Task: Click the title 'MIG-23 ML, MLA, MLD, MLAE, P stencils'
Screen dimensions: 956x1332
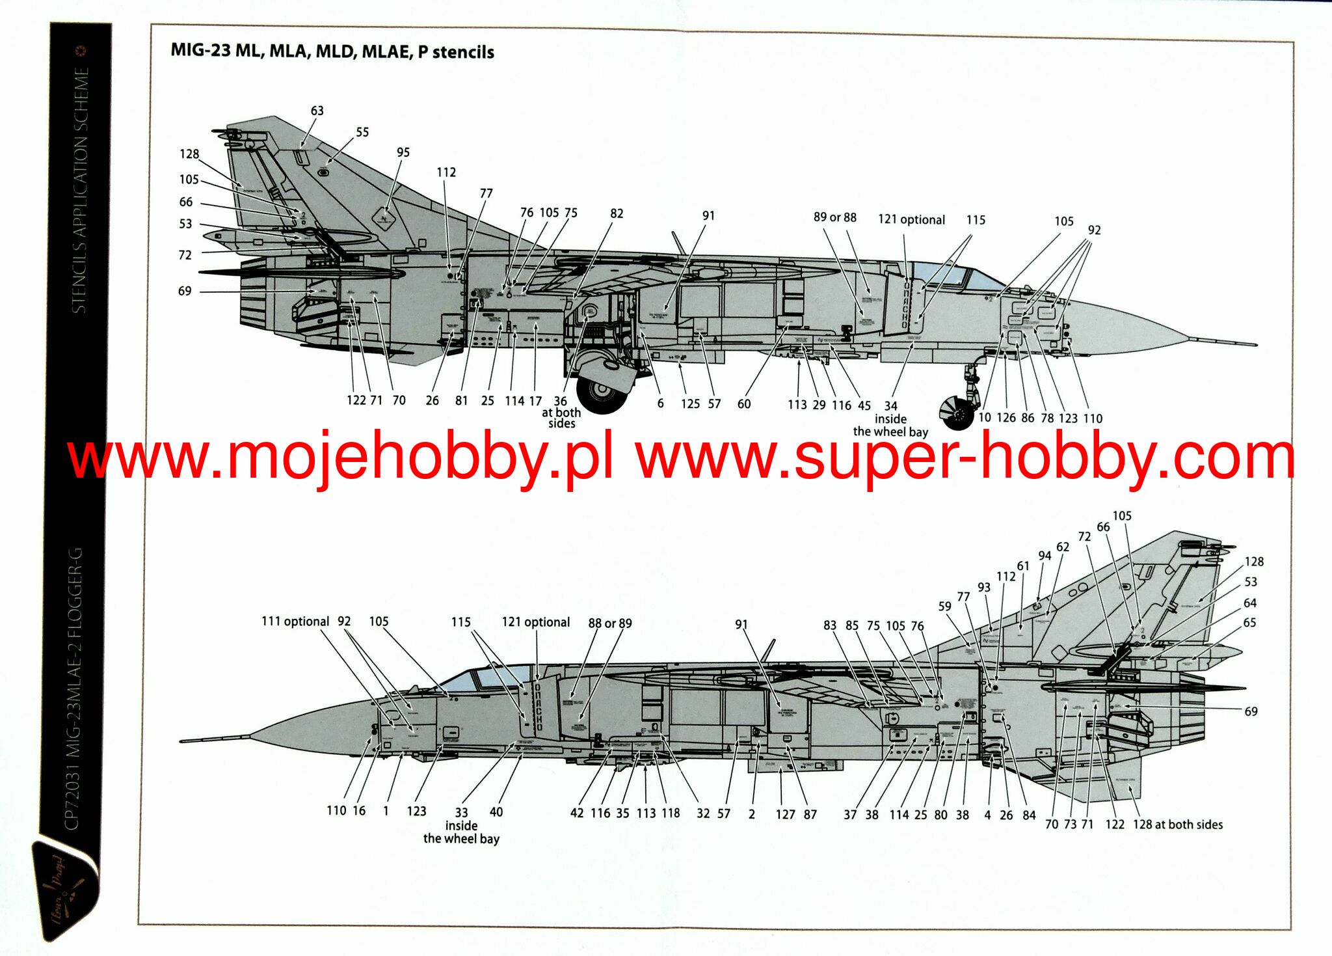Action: (332, 51)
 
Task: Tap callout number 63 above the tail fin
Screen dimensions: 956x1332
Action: (317, 111)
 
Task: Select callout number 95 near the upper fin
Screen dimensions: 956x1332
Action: (403, 152)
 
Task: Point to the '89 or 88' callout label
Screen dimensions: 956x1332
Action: (834, 217)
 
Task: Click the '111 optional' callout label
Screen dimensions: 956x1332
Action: (295, 621)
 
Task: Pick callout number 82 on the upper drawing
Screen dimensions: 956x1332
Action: (617, 213)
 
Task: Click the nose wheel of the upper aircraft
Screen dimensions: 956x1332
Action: (957, 412)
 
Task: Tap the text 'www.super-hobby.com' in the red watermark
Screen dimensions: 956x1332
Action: (965, 458)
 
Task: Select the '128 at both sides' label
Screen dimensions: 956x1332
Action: (1177, 825)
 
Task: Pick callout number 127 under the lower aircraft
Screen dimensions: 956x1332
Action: (785, 814)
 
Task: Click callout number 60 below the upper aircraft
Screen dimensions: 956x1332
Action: (744, 404)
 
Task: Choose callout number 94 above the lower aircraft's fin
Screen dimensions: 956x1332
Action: (1045, 555)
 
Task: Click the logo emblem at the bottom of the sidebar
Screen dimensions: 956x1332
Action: (65, 888)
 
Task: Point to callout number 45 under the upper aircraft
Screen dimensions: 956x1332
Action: (864, 405)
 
